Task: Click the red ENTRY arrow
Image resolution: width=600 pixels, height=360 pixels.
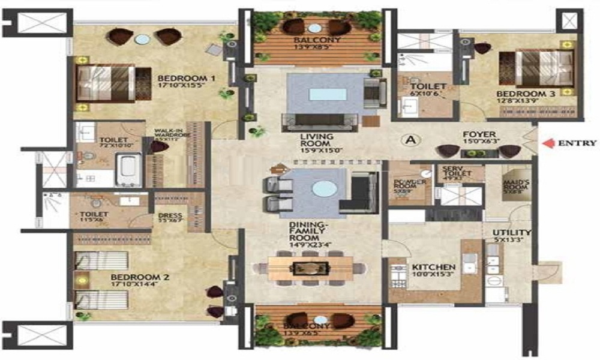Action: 547,143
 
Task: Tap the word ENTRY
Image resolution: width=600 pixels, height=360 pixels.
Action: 577,143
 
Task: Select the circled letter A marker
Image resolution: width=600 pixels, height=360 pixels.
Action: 411,140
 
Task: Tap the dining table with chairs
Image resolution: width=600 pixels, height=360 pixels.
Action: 310,267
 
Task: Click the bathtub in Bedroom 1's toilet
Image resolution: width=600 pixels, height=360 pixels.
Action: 128,169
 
